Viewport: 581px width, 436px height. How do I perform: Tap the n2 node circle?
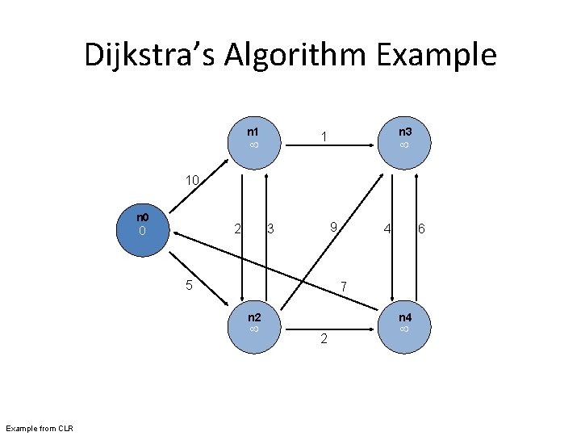click(x=253, y=322)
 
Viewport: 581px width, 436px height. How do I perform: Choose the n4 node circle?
click(x=404, y=322)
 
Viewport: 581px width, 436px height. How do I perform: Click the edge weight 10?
click(x=193, y=179)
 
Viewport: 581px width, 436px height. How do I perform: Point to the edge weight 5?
click(x=188, y=284)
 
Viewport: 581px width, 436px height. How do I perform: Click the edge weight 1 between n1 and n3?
click(x=323, y=137)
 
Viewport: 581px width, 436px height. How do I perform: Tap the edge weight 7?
click(x=343, y=287)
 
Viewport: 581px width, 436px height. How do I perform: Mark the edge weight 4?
click(x=387, y=230)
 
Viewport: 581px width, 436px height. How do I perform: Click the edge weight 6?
click(x=420, y=230)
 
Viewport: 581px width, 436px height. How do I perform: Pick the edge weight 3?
click(x=270, y=230)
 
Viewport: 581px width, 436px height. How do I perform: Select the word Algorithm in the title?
click(x=298, y=55)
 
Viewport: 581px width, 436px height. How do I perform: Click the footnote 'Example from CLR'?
click(x=40, y=427)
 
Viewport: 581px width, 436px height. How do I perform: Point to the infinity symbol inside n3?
click(x=404, y=145)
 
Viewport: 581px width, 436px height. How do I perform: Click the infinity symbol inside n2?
click(x=253, y=329)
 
